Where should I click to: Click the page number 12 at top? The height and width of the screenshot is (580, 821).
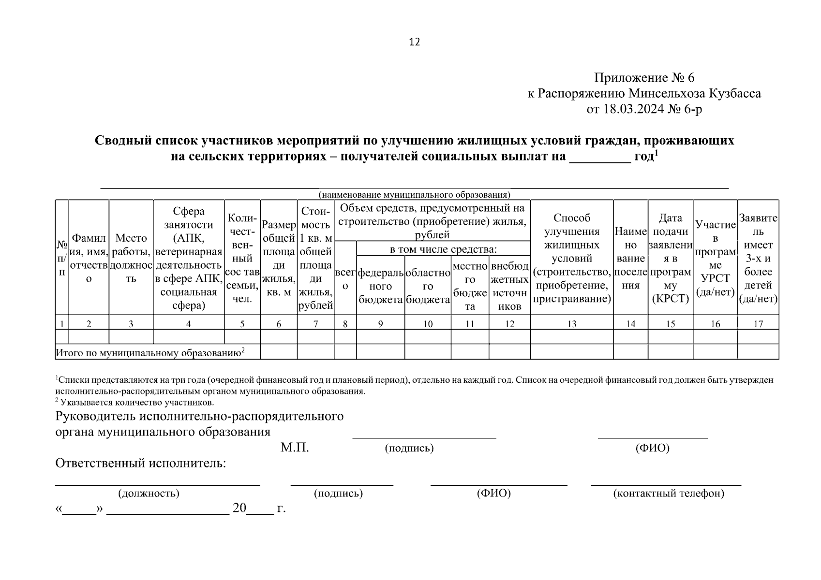pos(415,42)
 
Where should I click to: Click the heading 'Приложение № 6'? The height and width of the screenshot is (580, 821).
pos(644,78)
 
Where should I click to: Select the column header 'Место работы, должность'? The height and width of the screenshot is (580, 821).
pos(131,258)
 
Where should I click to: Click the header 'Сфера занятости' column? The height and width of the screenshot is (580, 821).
pos(189,258)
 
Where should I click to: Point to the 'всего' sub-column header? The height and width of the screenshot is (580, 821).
pos(345,279)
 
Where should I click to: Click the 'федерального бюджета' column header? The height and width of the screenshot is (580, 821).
pos(381,286)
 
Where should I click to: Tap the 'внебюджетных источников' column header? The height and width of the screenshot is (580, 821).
pos(509,286)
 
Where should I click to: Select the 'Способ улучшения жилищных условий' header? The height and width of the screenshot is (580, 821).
pos(572,258)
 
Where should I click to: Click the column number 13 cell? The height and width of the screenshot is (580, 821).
pos(572,324)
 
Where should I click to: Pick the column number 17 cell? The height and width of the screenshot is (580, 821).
pos(758,324)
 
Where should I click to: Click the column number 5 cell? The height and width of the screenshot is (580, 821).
pos(242,324)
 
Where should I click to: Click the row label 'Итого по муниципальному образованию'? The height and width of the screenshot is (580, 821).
pos(150,353)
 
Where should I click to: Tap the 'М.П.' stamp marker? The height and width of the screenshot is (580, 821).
pos(295,448)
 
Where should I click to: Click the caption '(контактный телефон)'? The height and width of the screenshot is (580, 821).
pos(668,493)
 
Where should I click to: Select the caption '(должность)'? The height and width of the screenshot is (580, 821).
pos(149,493)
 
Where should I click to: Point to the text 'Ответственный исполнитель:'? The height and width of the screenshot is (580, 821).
pos(141,464)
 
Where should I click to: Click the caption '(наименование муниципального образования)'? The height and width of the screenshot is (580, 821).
pos(414,195)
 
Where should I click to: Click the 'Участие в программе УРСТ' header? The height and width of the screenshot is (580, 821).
pos(715,258)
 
